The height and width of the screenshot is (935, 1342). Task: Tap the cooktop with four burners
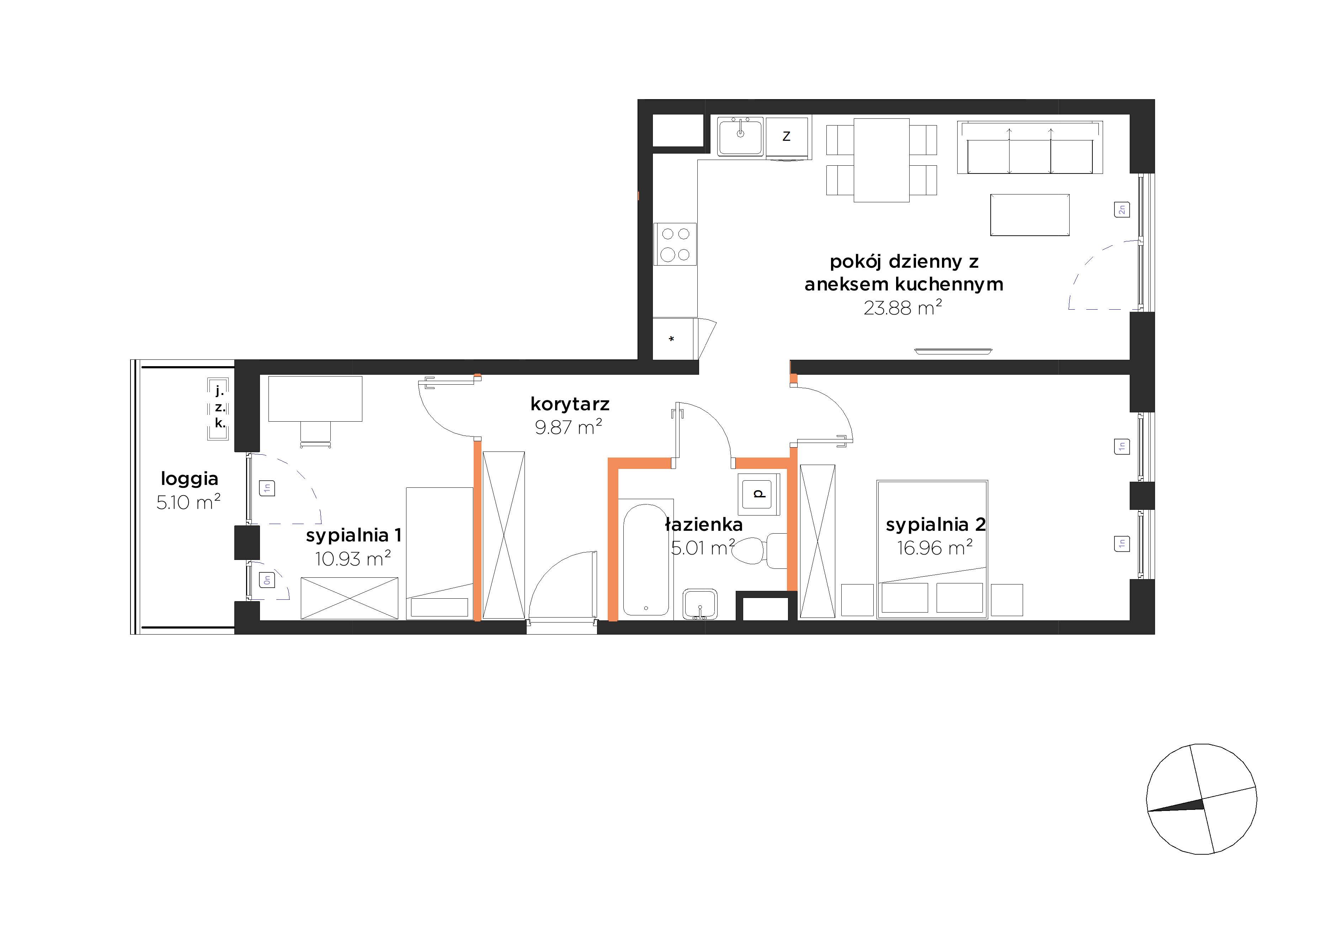[676, 244]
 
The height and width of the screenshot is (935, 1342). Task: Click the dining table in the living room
[882, 160]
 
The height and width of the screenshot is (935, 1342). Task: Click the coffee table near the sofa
[1030, 215]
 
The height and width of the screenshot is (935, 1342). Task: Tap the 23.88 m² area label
[903, 308]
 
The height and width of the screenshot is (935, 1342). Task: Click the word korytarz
[570, 404]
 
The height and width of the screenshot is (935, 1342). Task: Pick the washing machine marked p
[759, 495]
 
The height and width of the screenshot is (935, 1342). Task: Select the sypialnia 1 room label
[353, 535]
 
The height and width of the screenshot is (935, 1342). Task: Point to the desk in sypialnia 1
[315, 399]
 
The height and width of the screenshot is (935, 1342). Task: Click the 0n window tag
[267, 579]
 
